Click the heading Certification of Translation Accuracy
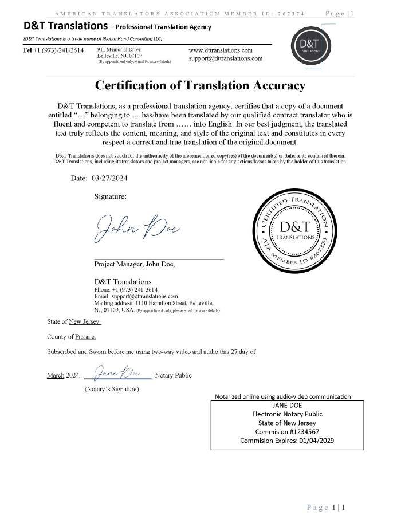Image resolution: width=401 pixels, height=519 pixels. click(x=200, y=86)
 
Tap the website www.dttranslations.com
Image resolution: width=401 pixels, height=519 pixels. click(x=221, y=50)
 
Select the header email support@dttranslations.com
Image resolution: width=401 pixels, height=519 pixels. click(x=226, y=58)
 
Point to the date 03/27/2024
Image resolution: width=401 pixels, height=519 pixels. click(x=109, y=178)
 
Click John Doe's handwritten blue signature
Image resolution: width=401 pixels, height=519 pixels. click(x=137, y=228)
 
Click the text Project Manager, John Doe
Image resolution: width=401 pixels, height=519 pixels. click(x=134, y=264)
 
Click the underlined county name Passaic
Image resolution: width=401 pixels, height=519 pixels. click(x=86, y=337)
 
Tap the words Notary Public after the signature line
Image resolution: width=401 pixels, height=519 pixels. click(x=174, y=375)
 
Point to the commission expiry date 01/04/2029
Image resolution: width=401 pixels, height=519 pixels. click(x=314, y=441)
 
